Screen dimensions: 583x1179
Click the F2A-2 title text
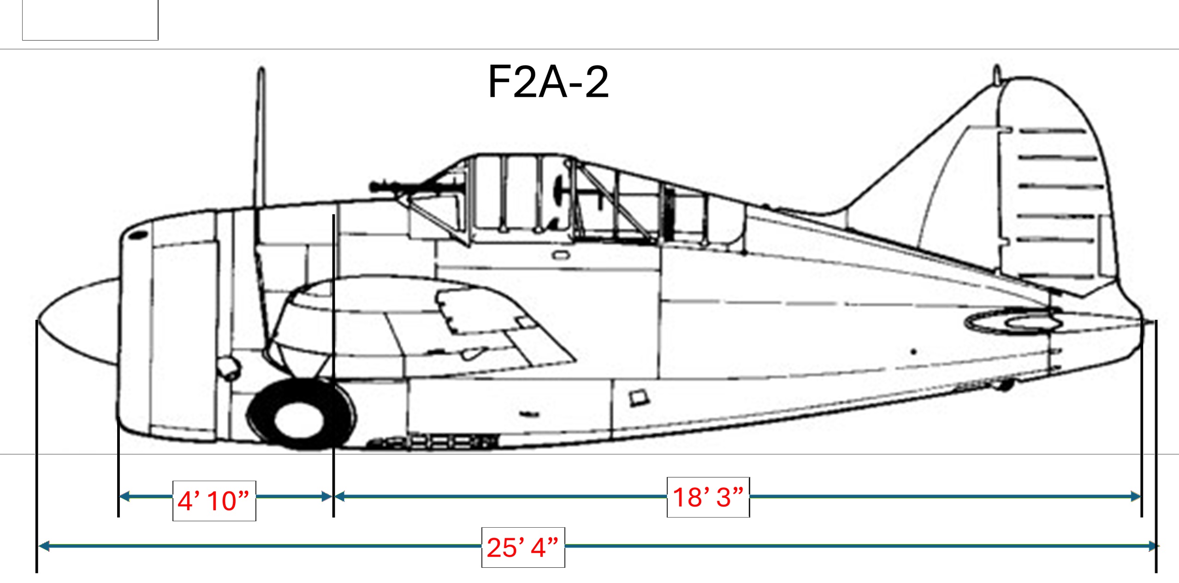[x=548, y=82]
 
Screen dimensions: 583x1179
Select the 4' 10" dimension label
[x=214, y=501]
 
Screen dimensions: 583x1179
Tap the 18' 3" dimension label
[x=708, y=497]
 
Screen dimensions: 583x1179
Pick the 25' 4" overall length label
[x=523, y=548]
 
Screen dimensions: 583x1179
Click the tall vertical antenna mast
[x=261, y=138]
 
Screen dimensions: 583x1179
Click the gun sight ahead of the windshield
[x=385, y=187]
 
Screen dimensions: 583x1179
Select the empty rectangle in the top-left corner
[x=90, y=20]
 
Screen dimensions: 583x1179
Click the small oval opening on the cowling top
[x=137, y=236]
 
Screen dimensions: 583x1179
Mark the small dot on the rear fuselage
[x=913, y=352]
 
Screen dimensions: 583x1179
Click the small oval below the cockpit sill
[x=561, y=255]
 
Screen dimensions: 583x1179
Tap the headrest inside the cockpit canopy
[x=560, y=189]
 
